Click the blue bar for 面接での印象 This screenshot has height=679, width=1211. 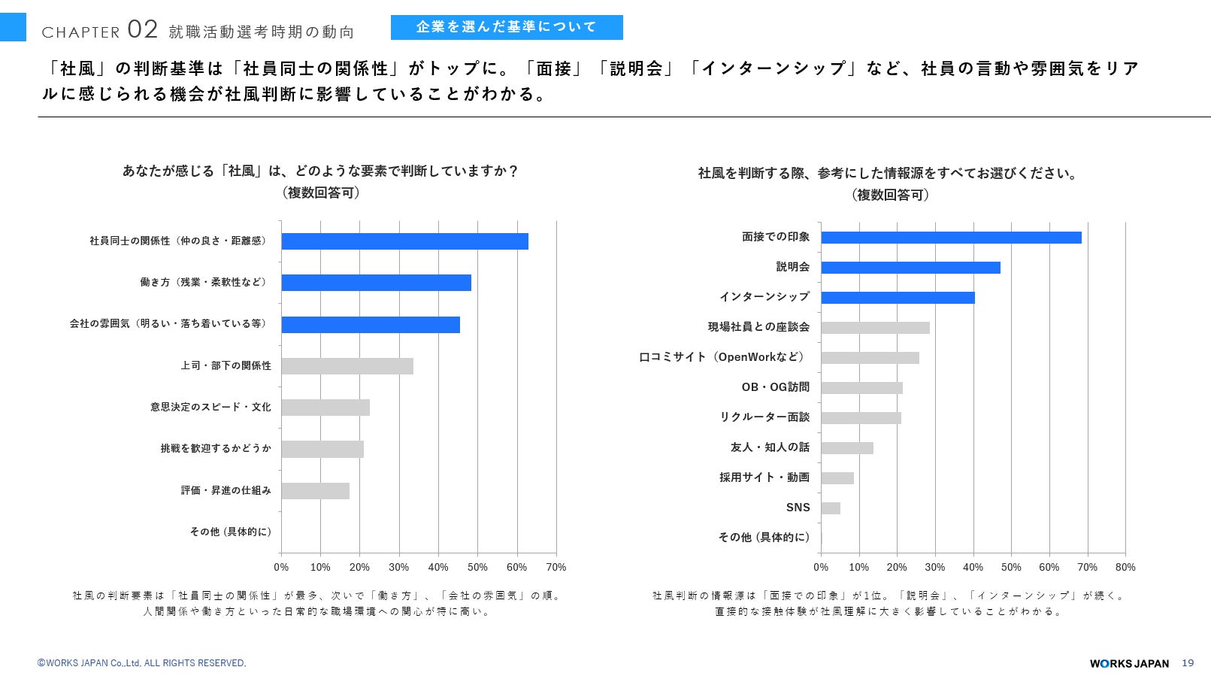tap(951, 238)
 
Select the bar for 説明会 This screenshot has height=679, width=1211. tap(910, 268)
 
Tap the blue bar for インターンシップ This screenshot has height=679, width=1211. tap(898, 298)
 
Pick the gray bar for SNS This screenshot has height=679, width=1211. tap(831, 508)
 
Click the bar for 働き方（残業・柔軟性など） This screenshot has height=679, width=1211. tap(377, 283)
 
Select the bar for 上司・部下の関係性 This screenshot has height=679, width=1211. tap(347, 366)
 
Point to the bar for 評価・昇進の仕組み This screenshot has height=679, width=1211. tap(315, 491)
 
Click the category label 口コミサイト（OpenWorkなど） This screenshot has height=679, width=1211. tap(722, 357)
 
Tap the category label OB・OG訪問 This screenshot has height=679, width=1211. tap(775, 387)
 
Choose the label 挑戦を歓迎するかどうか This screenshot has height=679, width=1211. tap(216, 448)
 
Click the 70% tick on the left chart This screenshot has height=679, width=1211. tap(556, 567)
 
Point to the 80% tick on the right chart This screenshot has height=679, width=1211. tap(1125, 567)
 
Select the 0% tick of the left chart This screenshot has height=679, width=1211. tap(281, 567)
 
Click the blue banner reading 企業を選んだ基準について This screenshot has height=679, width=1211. tap(507, 27)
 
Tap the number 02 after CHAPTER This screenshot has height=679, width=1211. tap(143, 29)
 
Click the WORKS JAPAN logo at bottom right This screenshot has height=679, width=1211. tap(1129, 663)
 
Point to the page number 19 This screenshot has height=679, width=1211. tap(1188, 662)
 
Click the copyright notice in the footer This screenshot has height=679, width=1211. tap(141, 662)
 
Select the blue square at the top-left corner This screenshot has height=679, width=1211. tap(13, 27)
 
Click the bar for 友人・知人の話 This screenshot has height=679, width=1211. tap(847, 448)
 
